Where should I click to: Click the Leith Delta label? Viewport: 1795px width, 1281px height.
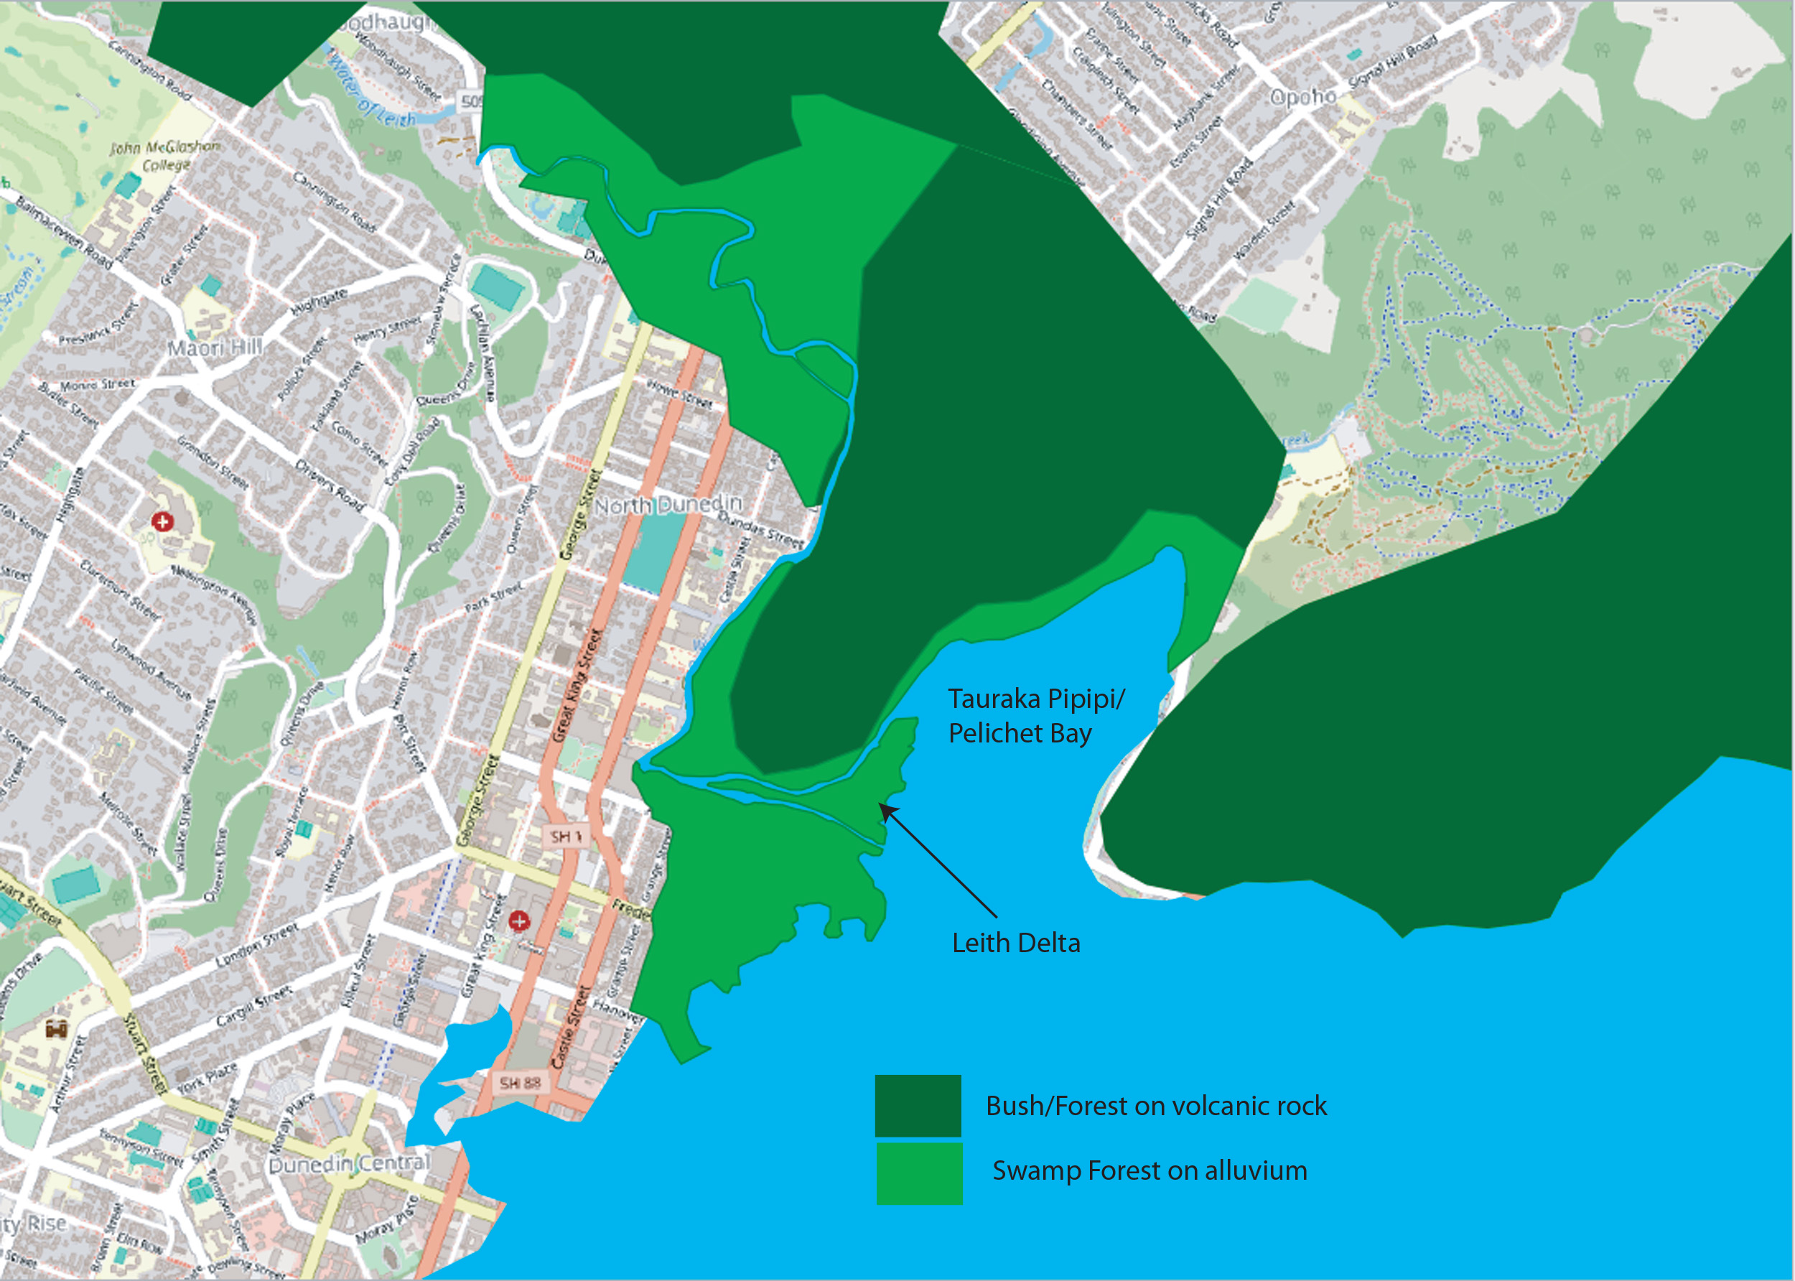coord(1016,943)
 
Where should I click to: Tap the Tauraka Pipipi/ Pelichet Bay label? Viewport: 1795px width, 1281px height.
coord(1035,716)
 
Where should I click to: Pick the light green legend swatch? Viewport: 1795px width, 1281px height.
coord(919,1173)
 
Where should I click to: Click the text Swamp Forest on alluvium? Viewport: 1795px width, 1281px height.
coord(1149,1170)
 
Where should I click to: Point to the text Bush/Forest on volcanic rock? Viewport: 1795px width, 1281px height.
coord(1155,1106)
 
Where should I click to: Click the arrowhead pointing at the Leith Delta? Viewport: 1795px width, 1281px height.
coord(887,810)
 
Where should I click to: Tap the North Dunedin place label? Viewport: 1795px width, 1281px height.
coord(668,504)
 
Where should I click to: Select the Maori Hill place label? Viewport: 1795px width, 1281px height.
coord(214,347)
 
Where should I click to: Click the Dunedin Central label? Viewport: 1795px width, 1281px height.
coord(350,1163)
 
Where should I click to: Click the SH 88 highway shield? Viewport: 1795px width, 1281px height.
coord(521,1083)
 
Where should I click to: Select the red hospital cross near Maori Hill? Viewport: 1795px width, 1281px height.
coord(162,521)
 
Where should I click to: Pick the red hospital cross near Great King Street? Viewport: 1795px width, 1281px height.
coord(519,921)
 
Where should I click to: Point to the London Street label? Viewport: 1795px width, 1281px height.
coord(257,946)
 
